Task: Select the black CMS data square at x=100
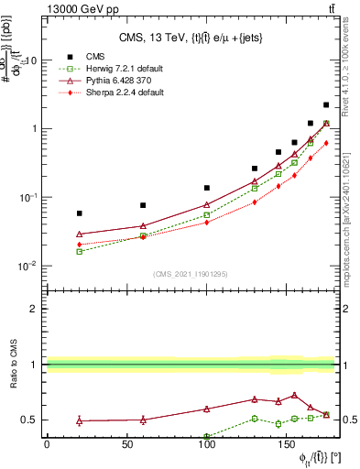pos(207,188)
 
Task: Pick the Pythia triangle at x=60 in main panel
pos(143,225)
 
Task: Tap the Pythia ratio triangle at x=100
pos(207,409)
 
